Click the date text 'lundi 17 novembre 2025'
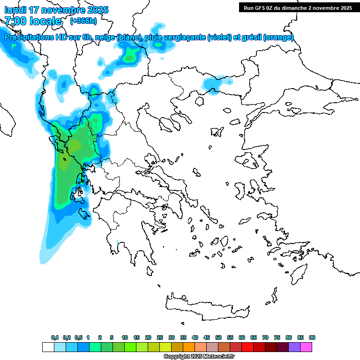pyautogui.click(x=56, y=10)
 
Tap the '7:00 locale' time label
pyautogui.click(x=33, y=21)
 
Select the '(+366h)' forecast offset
pyautogui.click(x=83, y=21)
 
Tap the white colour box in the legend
pyautogui.click(x=48, y=347)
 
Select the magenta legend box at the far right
pyautogui.click(x=306, y=347)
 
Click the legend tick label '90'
pyautogui.click(x=312, y=337)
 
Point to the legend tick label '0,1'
pyautogui.click(x=55, y=337)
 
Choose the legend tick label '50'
pyautogui.click(x=218, y=337)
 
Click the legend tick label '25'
pyautogui.click(x=160, y=337)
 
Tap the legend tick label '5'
pyautogui.click(x=112, y=337)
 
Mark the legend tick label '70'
pyautogui.click(x=265, y=337)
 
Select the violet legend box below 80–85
pyautogui.click(x=294, y=347)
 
